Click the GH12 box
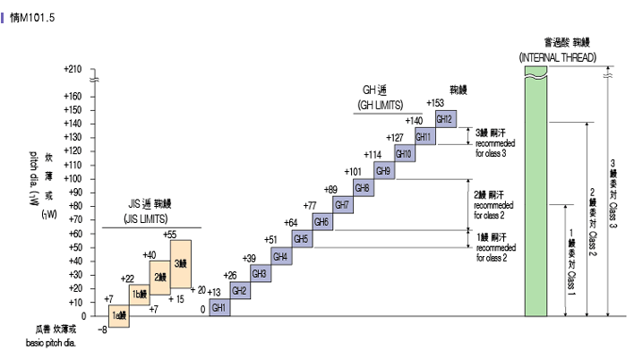point(445,118)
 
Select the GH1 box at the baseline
point(219,307)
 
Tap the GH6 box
point(321,221)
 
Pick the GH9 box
point(383,170)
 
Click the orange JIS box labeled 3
point(181,264)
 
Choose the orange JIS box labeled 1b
point(139,295)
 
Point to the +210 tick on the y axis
point(73,69)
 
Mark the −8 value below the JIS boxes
point(102,330)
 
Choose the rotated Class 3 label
point(613,193)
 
